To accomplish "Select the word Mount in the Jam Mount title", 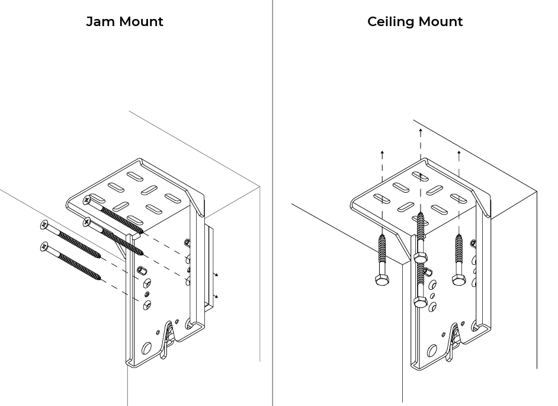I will click(142, 22).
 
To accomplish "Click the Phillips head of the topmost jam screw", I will click(88, 200).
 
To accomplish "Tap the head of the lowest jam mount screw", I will click(43, 246).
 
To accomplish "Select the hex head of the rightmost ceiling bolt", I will click(457, 279).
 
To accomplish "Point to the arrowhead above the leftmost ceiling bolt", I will click(382, 153).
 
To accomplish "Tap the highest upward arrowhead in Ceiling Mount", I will click(420, 129).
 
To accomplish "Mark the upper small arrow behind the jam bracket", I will click(216, 276).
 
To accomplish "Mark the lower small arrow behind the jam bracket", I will click(216, 296).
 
